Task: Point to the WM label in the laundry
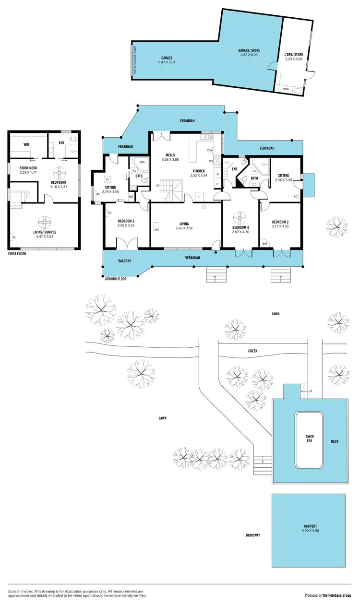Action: [286, 89]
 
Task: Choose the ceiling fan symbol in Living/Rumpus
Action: [44, 221]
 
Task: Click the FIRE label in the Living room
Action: [156, 230]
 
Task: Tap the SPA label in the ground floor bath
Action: [142, 162]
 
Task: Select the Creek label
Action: [252, 351]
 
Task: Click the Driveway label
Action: [252, 535]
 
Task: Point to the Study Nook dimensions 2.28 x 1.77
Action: [28, 172]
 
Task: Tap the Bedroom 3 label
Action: [126, 221]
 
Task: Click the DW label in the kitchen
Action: [209, 150]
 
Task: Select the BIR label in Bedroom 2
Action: [264, 244]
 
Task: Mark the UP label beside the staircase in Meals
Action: [157, 185]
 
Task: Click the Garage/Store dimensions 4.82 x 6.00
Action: [249, 55]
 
